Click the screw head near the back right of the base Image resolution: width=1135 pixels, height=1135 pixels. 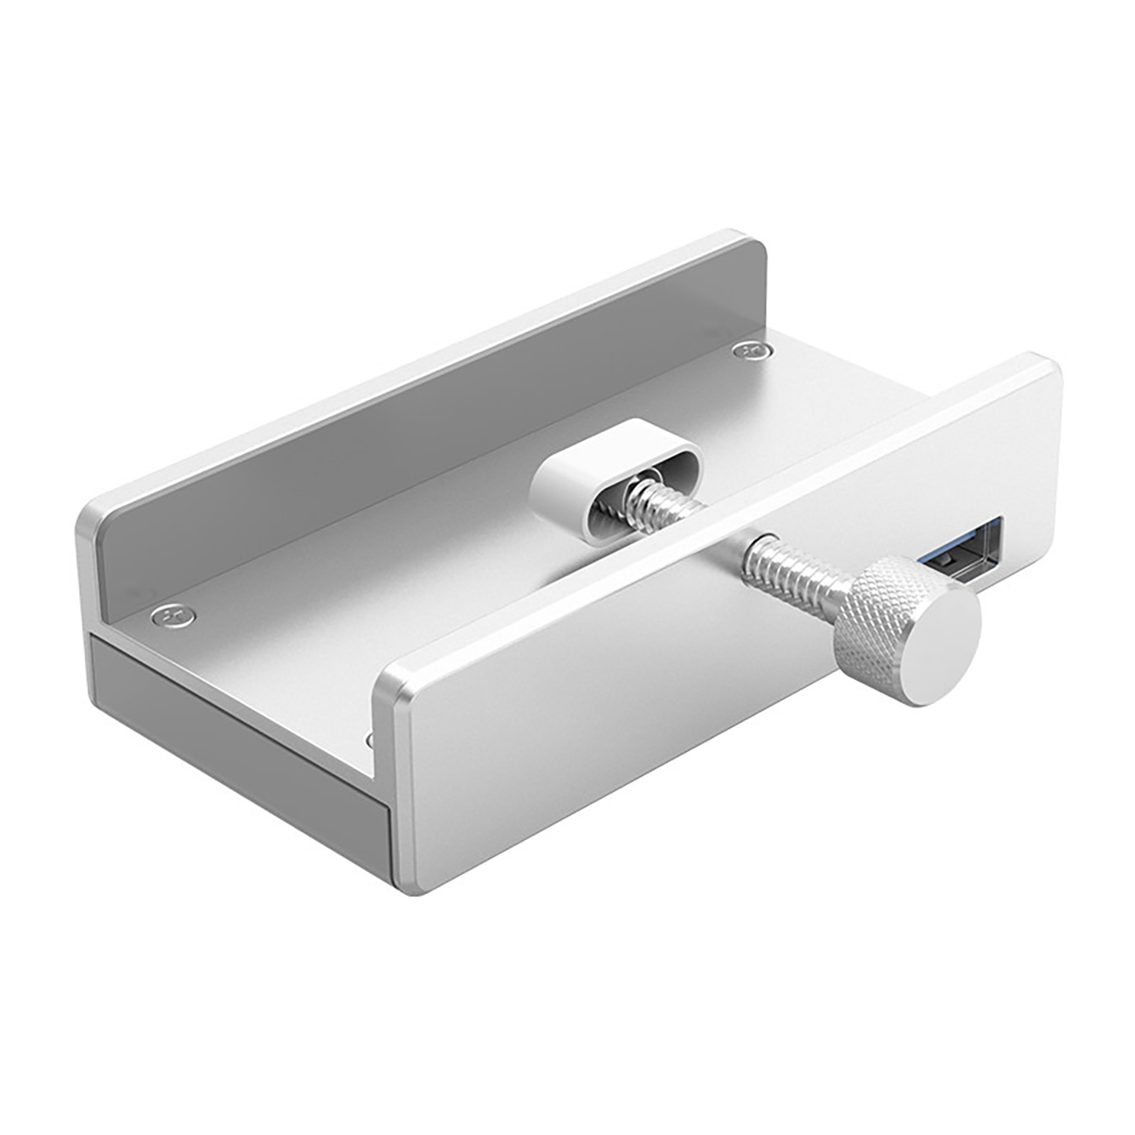tap(747, 350)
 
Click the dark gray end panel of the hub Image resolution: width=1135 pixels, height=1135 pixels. tap(236, 716)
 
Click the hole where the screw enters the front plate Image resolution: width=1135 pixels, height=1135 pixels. tap(768, 542)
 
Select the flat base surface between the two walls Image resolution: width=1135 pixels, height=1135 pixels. tap(349, 611)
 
